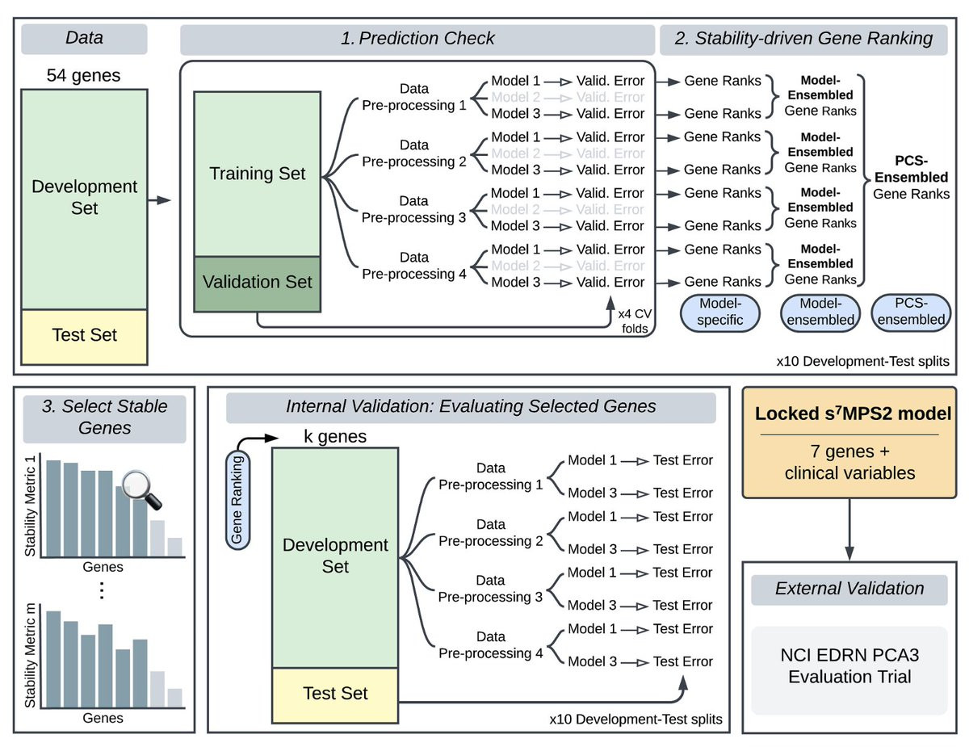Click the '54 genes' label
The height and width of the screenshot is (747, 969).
click(x=83, y=75)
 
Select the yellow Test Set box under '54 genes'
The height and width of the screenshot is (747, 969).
click(x=84, y=337)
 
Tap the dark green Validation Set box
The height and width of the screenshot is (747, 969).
click(x=258, y=283)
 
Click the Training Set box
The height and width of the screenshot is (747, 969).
click(x=258, y=174)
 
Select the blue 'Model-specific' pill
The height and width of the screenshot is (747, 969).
click(x=720, y=313)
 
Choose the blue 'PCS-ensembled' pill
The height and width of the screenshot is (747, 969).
click(x=911, y=313)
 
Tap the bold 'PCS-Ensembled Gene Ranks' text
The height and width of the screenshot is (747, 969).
click(x=911, y=178)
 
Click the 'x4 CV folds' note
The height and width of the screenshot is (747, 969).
click(x=635, y=321)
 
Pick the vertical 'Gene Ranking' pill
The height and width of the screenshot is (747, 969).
click(x=237, y=500)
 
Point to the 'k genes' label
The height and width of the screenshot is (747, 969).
click(x=335, y=437)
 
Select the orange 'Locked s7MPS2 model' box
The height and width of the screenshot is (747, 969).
click(x=849, y=443)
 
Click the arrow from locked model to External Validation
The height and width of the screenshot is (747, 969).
click(x=849, y=530)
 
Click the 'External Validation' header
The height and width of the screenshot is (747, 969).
click(x=849, y=590)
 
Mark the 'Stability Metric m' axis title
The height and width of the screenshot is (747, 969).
click(x=31, y=656)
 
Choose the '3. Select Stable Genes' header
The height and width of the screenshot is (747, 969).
click(x=104, y=418)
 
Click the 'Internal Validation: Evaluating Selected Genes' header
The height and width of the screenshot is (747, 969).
click(x=471, y=407)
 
